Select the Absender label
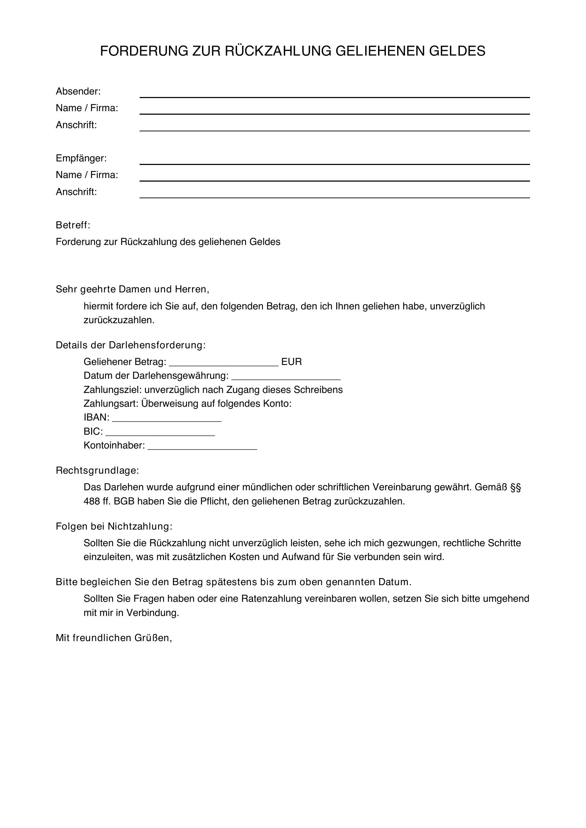[78, 92]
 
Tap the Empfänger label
[81, 158]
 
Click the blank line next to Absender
[334, 95]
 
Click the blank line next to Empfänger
[334, 161]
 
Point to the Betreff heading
[73, 225]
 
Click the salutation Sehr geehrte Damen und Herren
[133, 289]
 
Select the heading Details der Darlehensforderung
[131, 345]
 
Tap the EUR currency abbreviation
[291, 362]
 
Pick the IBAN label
[96, 418]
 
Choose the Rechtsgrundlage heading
[97, 470]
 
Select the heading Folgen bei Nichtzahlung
[114, 526]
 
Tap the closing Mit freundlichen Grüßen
[114, 638]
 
